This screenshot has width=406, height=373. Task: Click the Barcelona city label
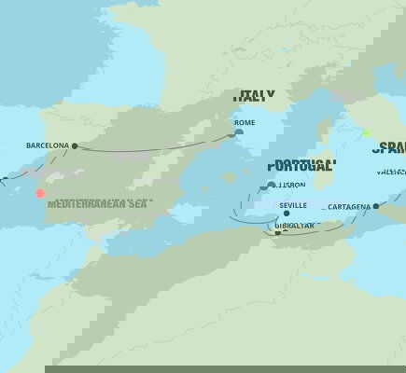(x=47, y=145)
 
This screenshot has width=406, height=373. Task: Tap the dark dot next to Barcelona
(x=75, y=145)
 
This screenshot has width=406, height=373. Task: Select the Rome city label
(x=245, y=122)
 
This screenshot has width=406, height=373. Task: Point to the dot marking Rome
(x=239, y=132)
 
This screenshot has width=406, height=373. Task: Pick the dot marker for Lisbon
(x=271, y=185)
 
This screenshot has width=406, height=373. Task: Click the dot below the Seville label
(x=287, y=214)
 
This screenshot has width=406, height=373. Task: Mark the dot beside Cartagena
(x=375, y=207)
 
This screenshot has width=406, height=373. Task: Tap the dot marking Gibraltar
(x=277, y=233)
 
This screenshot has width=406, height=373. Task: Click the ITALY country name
(x=254, y=95)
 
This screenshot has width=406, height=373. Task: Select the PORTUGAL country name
(x=301, y=166)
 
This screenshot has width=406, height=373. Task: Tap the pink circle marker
(x=39, y=193)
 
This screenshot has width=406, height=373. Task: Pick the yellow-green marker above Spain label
(x=367, y=133)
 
